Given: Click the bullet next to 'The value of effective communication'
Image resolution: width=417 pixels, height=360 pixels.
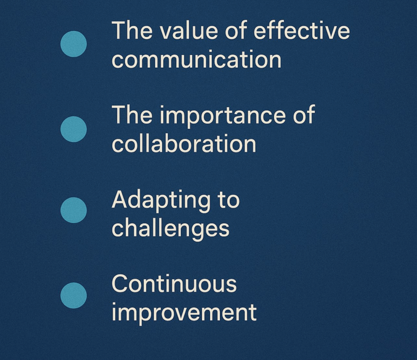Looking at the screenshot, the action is click(x=74, y=44).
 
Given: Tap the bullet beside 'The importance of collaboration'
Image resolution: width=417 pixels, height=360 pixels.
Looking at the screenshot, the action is click(x=74, y=129).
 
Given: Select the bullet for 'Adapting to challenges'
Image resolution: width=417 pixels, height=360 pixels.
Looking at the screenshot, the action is click(x=74, y=210).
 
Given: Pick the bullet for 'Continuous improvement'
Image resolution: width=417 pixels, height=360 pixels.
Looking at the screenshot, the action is click(x=74, y=296).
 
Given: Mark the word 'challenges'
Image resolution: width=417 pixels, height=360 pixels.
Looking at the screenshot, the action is click(x=171, y=229).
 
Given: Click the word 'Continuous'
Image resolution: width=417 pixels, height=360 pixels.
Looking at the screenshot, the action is click(x=174, y=284).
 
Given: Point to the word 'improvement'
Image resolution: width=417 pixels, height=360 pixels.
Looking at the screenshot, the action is click(x=184, y=314).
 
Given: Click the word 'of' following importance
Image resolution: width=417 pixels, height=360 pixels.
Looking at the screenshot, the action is click(x=304, y=115).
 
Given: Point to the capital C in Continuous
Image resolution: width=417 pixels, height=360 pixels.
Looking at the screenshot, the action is click(x=121, y=284).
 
